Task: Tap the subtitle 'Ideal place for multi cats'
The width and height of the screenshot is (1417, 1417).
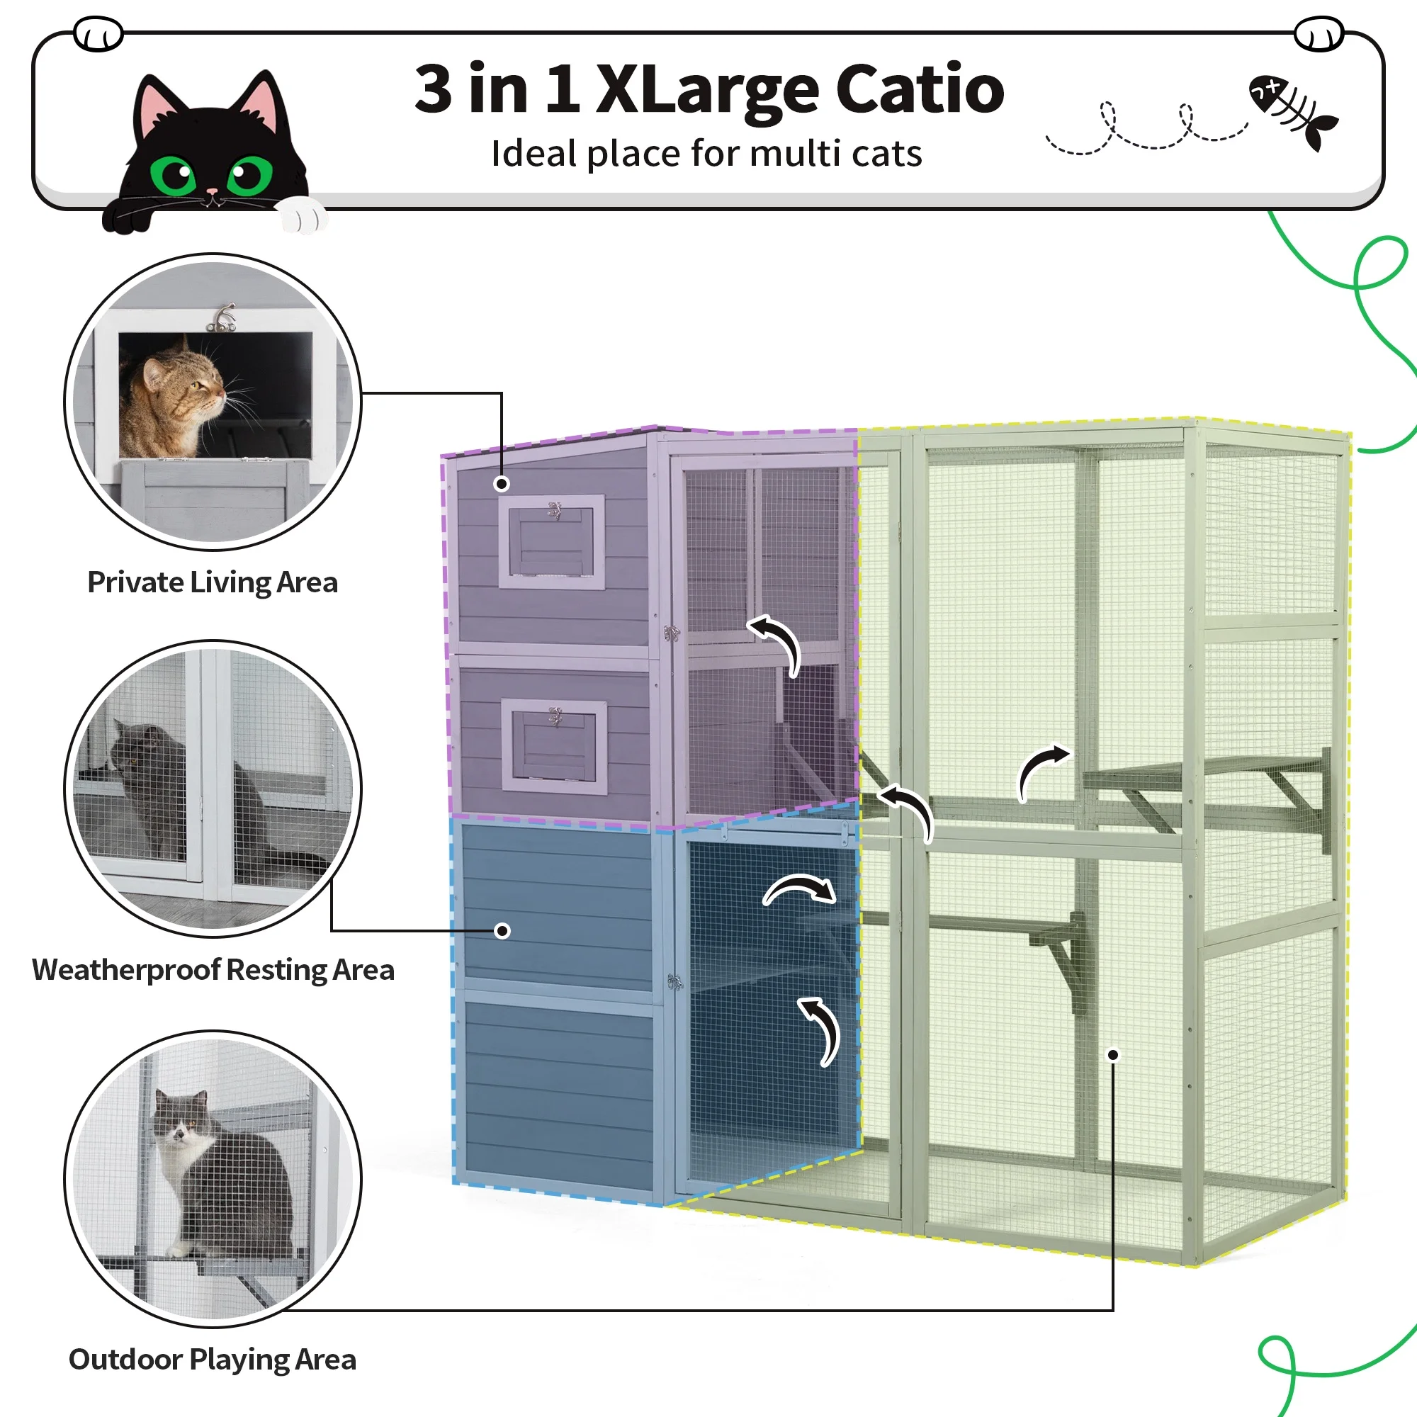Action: (x=706, y=154)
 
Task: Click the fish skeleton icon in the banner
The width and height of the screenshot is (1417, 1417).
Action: (x=1293, y=111)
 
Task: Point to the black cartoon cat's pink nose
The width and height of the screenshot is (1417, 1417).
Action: (x=211, y=192)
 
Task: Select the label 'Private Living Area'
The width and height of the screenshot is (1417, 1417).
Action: (x=213, y=582)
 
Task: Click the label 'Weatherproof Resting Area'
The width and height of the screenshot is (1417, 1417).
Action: (x=213, y=970)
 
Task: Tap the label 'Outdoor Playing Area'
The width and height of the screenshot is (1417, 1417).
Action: (x=213, y=1359)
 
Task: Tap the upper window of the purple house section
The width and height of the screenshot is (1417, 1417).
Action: (x=551, y=541)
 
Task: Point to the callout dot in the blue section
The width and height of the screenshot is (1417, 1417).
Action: (x=502, y=931)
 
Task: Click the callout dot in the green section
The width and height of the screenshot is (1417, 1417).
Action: (x=1112, y=1055)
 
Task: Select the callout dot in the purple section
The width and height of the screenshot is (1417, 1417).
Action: (x=502, y=483)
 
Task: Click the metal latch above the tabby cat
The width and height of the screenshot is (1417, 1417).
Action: (x=222, y=317)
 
